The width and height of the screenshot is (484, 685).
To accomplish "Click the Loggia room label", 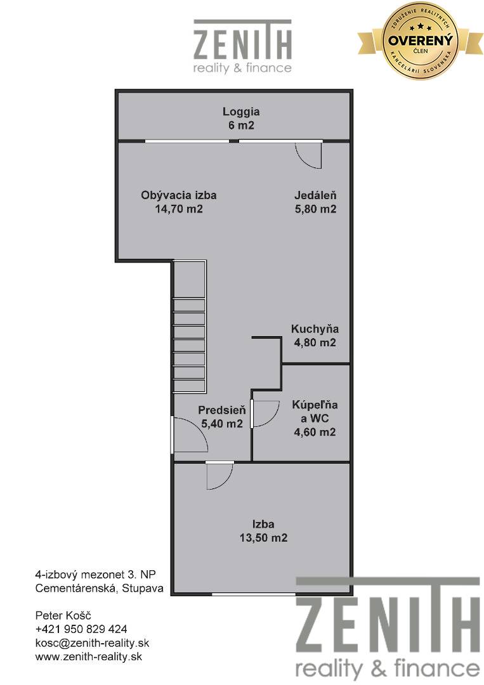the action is [x=241, y=112].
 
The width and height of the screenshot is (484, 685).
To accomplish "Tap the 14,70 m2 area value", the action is [x=179, y=209].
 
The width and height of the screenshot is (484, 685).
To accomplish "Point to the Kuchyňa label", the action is [x=315, y=329].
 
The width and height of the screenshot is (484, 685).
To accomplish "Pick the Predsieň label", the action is [x=222, y=410].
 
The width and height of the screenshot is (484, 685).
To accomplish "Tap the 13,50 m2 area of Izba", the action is [x=263, y=538].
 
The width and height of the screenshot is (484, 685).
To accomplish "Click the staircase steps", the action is [x=189, y=345].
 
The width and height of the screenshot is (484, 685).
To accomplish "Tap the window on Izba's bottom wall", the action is [x=253, y=594].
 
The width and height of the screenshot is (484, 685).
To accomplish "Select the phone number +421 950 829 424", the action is [x=81, y=629].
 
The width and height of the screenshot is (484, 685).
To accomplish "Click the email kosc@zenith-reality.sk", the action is [x=92, y=643].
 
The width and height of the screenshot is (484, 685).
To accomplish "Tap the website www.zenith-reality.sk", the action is [x=89, y=656].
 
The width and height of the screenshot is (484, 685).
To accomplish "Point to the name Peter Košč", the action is [x=63, y=615].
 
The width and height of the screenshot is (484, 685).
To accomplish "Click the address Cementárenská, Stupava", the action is [x=99, y=589].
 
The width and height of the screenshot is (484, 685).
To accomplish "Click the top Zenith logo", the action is [x=242, y=46].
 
